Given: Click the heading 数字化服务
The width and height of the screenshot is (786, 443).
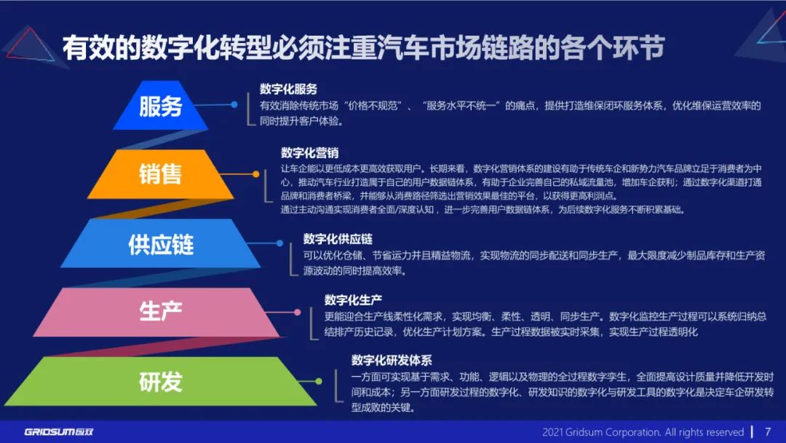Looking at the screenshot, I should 288,89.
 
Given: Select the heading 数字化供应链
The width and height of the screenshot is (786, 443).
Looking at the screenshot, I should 338,238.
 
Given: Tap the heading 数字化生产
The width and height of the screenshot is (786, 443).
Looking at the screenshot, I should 353,299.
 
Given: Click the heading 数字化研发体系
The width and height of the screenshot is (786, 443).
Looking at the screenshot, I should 392,360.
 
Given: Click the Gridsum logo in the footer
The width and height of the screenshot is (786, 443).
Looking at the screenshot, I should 58,431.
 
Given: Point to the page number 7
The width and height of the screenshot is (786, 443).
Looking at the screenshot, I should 767,431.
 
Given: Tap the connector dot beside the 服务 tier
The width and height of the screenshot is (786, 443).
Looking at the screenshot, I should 234,104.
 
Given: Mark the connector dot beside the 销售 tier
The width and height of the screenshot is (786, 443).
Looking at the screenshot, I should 255,173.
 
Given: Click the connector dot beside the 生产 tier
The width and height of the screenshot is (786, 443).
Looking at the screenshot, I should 298,312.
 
